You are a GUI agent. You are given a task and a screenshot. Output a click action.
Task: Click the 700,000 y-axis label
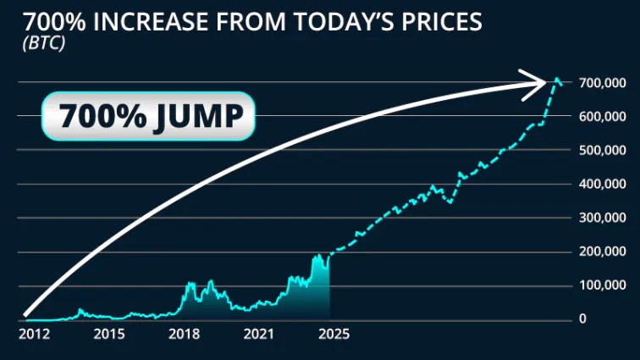[x=602, y=82]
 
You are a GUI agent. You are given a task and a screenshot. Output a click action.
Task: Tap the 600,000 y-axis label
[x=602, y=116]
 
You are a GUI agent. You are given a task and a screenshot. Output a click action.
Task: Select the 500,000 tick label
[x=602, y=150]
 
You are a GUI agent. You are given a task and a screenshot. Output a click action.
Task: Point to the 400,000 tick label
[x=602, y=184]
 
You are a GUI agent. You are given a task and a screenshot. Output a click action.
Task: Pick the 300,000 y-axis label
[x=602, y=218]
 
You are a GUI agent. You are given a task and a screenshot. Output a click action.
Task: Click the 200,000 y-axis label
[x=602, y=252]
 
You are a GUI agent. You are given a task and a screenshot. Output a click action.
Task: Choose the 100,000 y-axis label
[x=602, y=285]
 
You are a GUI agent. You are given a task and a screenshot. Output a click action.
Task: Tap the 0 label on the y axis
[x=582, y=318]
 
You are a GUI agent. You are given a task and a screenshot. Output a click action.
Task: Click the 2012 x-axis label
[x=34, y=335]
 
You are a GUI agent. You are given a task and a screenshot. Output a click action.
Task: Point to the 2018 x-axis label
[x=185, y=335]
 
